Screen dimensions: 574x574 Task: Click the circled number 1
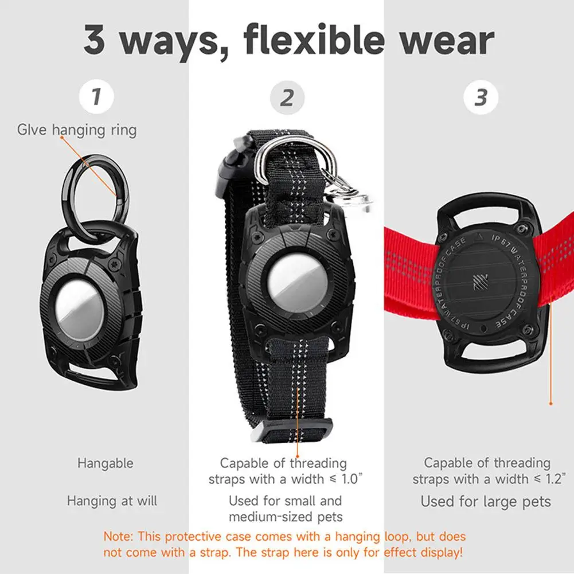click(96, 96)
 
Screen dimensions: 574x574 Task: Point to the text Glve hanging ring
click(77, 130)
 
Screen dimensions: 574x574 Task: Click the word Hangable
click(106, 463)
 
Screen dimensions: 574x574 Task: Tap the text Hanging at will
click(112, 501)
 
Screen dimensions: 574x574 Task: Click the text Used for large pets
click(486, 501)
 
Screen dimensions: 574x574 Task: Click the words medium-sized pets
click(286, 517)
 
